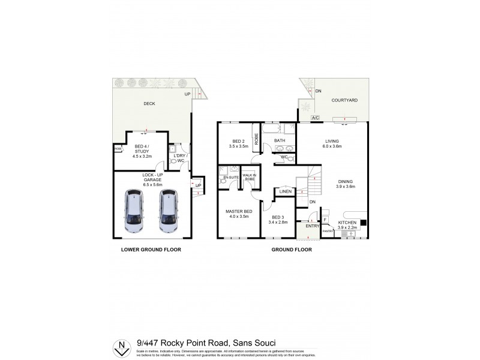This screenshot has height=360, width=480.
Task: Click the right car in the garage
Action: pyautogui.click(x=169, y=211)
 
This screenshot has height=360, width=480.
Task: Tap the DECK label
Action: pyautogui.click(x=149, y=104)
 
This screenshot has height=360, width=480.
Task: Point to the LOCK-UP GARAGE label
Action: pyautogui.click(x=152, y=179)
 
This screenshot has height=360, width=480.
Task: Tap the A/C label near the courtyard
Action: pyautogui.click(x=316, y=118)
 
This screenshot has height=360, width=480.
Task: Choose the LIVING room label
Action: pyautogui.click(x=332, y=142)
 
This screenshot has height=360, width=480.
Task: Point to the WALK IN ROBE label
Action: pyautogui.click(x=249, y=177)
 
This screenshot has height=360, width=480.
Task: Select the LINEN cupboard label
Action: pyautogui.click(x=285, y=192)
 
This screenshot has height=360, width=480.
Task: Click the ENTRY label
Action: pyautogui.click(x=312, y=226)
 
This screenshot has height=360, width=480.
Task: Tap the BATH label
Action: pyautogui.click(x=280, y=141)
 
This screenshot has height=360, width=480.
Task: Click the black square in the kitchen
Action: pyautogui.click(x=363, y=223)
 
